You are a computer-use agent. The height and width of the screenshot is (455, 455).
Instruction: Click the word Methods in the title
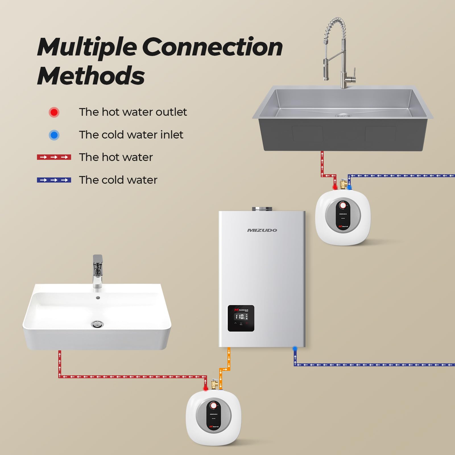click(x=91, y=76)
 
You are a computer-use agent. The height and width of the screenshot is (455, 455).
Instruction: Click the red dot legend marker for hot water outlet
click(x=54, y=112)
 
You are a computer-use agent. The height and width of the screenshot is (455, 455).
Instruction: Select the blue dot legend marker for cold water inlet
click(x=54, y=135)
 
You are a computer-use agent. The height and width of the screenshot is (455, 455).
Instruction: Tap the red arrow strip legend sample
click(x=54, y=157)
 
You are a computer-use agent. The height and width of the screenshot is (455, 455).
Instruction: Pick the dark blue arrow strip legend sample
click(x=54, y=180)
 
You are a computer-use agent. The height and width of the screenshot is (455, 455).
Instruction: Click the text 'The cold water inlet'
click(x=131, y=135)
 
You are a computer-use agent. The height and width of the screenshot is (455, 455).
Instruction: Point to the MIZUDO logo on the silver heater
click(x=262, y=230)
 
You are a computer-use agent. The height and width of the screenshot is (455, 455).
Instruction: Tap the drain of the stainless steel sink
click(x=341, y=115)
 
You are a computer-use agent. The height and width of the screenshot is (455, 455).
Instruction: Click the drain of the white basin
click(x=97, y=324)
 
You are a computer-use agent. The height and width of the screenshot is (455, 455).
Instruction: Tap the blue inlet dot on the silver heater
click(x=295, y=348)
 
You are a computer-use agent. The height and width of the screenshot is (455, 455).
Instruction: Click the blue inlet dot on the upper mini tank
click(x=349, y=187)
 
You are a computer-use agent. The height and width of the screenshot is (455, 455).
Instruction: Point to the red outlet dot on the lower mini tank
click(x=205, y=388)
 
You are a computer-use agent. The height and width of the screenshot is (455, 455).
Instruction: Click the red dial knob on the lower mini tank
click(x=214, y=405)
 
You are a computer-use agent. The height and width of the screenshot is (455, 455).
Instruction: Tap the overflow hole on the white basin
click(x=98, y=298)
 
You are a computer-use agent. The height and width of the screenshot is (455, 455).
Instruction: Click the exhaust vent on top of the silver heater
click(x=262, y=209)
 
